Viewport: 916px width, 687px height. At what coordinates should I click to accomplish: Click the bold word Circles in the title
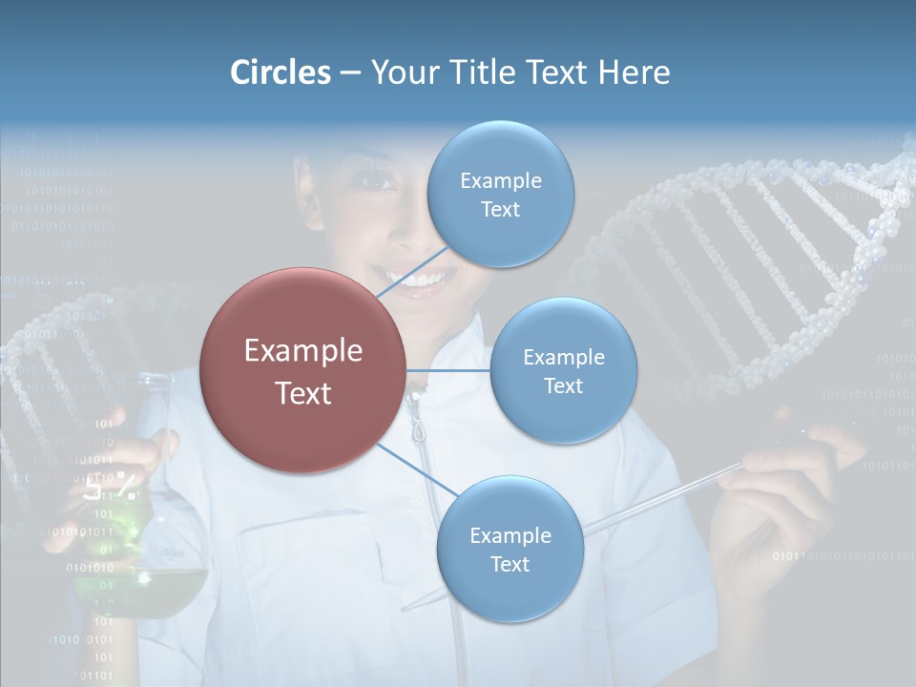(x=280, y=73)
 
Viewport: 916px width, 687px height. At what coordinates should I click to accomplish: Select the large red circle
(x=302, y=370)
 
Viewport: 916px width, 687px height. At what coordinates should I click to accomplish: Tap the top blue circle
(x=500, y=194)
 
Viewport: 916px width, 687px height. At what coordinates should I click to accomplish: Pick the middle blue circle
(x=563, y=370)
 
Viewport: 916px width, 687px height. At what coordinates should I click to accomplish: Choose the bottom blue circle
(x=510, y=549)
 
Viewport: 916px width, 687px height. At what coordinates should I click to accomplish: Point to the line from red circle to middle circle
(x=448, y=370)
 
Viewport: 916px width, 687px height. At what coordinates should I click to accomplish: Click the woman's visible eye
(x=375, y=179)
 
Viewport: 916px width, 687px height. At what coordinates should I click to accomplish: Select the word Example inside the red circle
(x=302, y=351)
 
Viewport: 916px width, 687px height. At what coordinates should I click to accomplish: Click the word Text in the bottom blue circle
(x=510, y=564)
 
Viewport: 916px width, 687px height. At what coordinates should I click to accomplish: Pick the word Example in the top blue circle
(x=500, y=180)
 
